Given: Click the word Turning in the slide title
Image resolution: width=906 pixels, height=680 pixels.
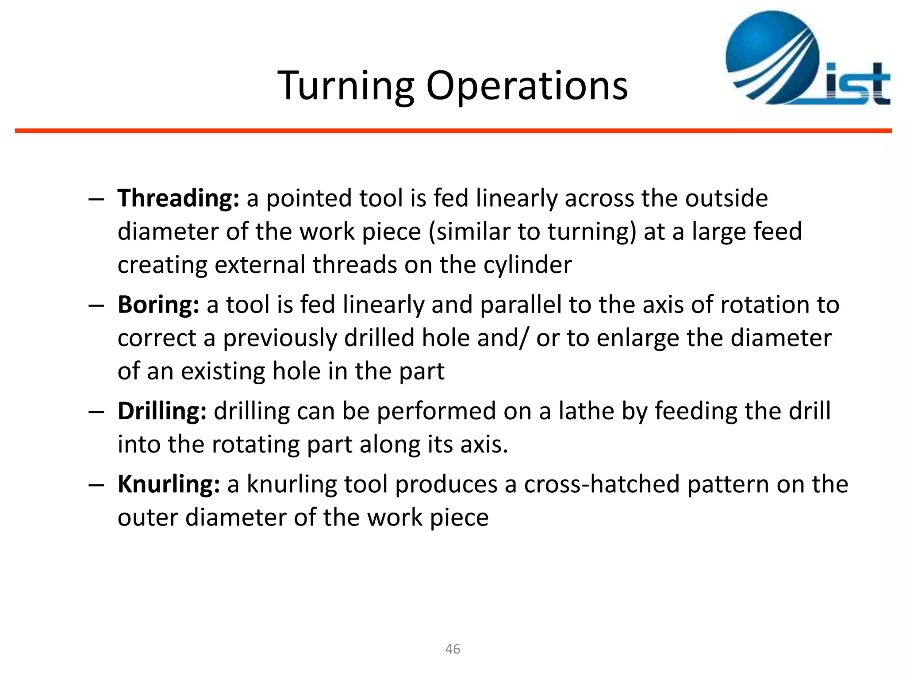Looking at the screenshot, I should tap(346, 86).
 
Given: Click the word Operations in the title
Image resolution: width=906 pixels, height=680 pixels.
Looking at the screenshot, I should tap(526, 86).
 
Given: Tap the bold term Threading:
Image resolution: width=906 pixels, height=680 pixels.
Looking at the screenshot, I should tap(178, 198).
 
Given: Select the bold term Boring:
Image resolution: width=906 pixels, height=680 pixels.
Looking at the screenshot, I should tap(158, 305).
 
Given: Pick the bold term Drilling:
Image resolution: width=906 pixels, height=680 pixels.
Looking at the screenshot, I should tap(162, 411).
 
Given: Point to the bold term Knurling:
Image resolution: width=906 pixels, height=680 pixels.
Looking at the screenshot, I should tap(169, 484).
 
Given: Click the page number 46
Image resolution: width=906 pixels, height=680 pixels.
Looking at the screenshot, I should tap(453, 649).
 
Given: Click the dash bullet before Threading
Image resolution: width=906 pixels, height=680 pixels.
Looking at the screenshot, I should tap(96, 199).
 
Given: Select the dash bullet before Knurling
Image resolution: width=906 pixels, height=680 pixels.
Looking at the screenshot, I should tap(96, 484).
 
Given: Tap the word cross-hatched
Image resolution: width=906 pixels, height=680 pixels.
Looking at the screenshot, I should tap(602, 484).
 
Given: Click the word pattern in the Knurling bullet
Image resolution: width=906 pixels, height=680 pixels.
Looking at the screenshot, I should tap(727, 484).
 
